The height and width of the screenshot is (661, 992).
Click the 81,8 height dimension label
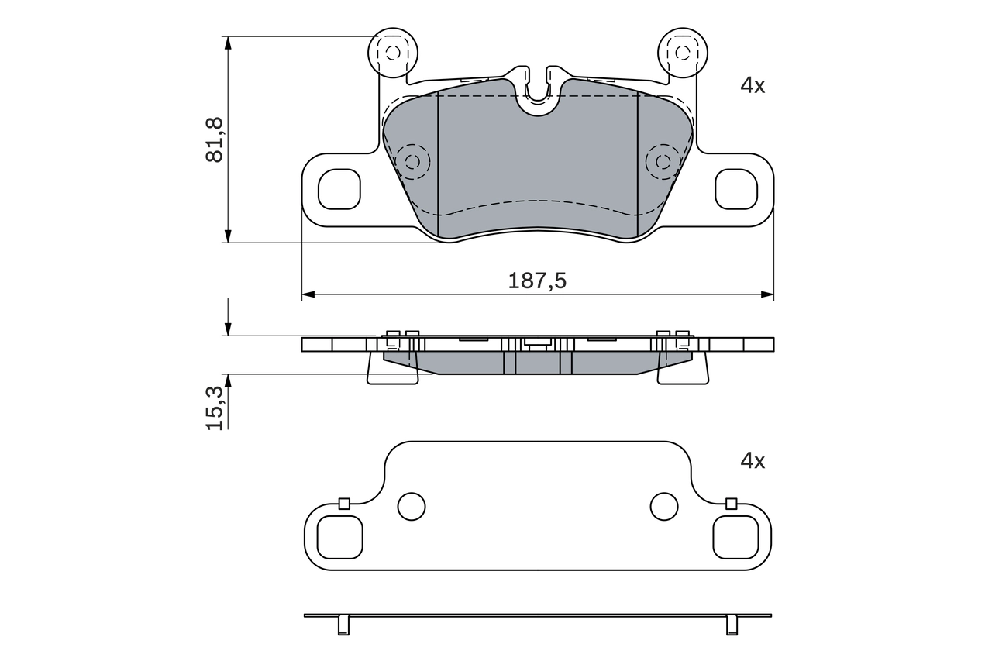215,139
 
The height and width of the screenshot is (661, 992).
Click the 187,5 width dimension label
537,281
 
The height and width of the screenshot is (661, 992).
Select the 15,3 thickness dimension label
215,407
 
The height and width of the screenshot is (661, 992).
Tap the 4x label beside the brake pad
752,85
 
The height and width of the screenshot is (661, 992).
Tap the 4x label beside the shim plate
752,461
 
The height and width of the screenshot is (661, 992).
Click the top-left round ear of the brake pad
392,53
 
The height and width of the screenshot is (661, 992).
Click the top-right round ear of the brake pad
682,53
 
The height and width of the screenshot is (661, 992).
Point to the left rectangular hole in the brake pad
339,189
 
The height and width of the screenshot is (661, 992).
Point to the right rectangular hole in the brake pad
735,189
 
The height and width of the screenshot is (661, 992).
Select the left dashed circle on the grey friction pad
412,161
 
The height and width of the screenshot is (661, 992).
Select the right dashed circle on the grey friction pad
663,161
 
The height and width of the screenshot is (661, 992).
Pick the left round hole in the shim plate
412,507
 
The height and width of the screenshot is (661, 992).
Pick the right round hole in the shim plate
664,507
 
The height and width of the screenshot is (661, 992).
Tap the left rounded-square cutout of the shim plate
341,537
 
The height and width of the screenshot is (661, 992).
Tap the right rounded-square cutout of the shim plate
734,537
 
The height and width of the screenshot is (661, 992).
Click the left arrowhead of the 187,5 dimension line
308,294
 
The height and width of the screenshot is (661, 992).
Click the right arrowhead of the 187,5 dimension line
767,294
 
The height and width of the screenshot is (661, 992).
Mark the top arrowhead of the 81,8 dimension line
228,43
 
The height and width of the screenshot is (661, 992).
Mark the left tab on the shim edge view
344,624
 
